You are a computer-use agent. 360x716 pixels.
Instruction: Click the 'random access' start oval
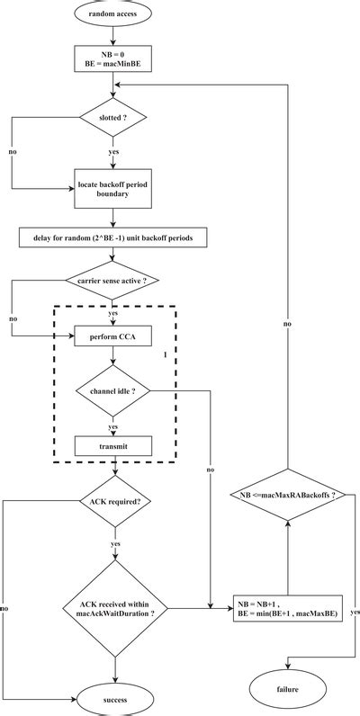click(x=112, y=16)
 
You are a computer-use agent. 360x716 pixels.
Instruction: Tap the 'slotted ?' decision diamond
click(x=112, y=118)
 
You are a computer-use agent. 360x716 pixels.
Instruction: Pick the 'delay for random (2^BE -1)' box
click(x=112, y=238)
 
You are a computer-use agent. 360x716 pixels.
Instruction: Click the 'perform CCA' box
click(x=112, y=336)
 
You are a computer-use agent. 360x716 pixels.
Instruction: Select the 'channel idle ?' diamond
click(x=112, y=391)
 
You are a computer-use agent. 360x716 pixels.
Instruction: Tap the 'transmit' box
click(x=112, y=445)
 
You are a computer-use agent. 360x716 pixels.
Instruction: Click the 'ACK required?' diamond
click(x=114, y=499)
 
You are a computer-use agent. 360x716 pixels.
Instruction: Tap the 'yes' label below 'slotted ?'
click(x=114, y=151)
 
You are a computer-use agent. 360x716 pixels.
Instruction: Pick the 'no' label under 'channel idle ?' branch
click(x=210, y=470)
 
